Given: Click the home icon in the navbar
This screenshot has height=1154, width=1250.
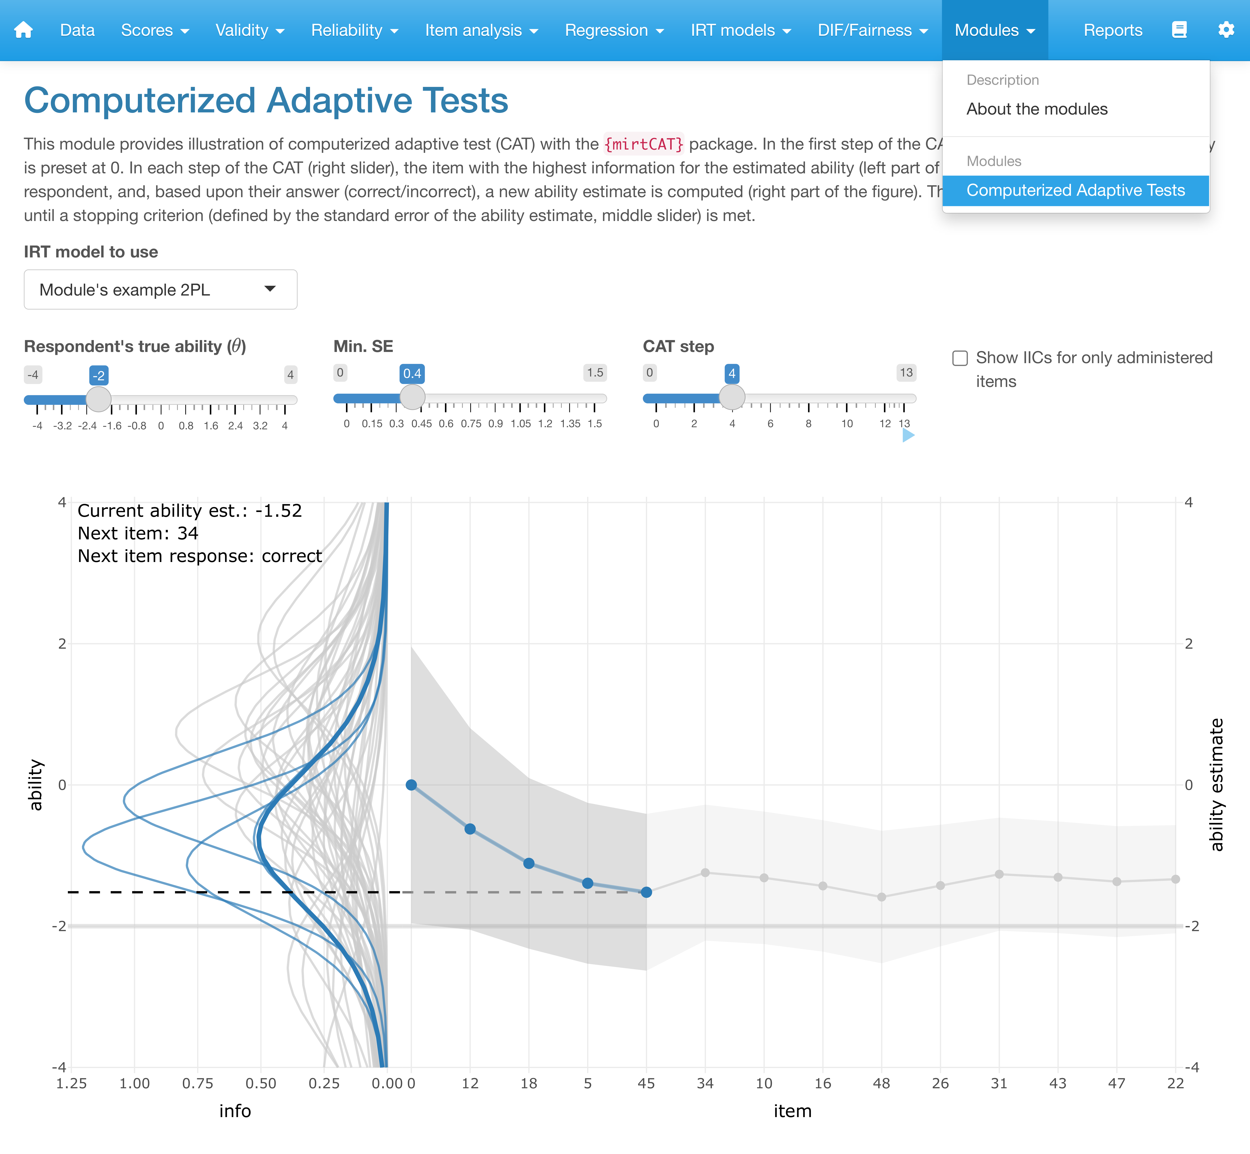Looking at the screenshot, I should point(23,30).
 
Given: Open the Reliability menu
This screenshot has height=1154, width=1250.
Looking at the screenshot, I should point(354,30).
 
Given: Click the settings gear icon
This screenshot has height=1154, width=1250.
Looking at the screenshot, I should point(1226,30).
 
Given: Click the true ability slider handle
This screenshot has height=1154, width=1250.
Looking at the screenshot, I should point(98,399).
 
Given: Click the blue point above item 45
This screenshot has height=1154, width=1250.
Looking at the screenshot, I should point(646,892).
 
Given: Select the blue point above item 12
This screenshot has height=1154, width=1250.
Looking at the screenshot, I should point(470,829).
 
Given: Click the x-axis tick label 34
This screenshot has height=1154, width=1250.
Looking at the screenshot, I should point(705,1084).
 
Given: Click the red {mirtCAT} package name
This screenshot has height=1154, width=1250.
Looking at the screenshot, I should point(644,144).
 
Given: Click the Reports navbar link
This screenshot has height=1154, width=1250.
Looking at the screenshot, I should point(1113,30).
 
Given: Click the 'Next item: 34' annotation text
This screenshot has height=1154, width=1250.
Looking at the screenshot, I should point(138,533).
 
